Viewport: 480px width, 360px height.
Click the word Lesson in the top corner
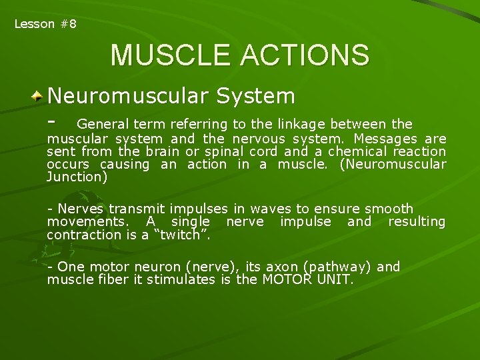pos(34,24)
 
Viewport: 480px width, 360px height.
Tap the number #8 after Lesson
pos(68,24)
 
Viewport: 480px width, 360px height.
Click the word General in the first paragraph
pos(103,124)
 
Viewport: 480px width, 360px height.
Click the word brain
pos(163,152)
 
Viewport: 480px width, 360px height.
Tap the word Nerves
pos(79,209)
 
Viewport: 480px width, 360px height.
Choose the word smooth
pos(389,209)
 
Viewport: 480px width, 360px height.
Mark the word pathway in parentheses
pos(337,267)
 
